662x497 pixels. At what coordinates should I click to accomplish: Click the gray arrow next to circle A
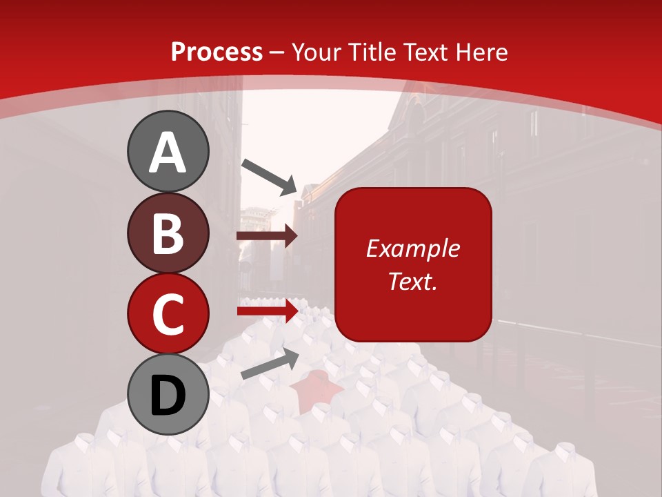(268, 176)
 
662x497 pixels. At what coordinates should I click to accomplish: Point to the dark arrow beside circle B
(267, 236)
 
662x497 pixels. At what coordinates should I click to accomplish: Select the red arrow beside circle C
(267, 311)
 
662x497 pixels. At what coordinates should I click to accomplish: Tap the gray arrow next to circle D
(270, 363)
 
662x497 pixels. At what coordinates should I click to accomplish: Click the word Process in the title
(217, 52)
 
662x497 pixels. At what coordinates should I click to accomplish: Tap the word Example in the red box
(412, 248)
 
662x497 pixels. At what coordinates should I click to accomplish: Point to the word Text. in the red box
(412, 281)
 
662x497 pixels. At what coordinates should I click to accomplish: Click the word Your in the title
(317, 52)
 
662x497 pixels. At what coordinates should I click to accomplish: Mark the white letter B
(168, 233)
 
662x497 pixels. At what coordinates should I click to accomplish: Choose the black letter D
(168, 396)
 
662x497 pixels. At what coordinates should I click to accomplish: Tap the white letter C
(168, 314)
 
